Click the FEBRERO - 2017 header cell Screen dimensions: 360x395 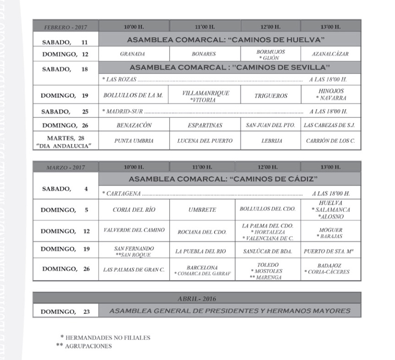[65, 27]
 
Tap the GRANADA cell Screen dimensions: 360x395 [133, 54]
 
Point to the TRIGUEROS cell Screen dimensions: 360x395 [271, 96]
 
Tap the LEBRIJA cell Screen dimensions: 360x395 [271, 140]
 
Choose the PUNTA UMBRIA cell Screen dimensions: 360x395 [134, 140]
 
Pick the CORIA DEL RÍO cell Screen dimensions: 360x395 [134, 210]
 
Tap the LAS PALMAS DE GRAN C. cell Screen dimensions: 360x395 [134, 269]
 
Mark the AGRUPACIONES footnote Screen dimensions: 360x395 [89, 346]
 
